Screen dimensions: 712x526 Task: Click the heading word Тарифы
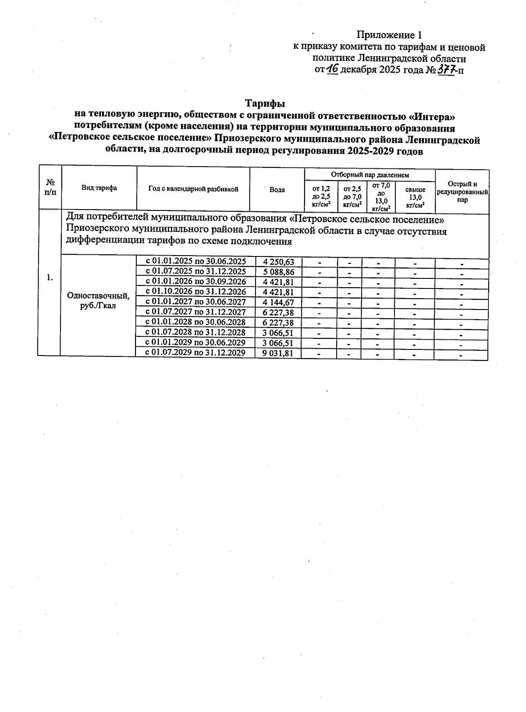265,104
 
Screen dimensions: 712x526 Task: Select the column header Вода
277,189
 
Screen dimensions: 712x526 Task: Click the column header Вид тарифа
99,188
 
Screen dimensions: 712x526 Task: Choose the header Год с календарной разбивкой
193,189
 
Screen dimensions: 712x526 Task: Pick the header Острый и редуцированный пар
462,192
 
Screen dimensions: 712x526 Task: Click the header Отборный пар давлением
370,174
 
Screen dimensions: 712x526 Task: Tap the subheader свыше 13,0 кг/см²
415,197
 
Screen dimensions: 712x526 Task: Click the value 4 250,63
278,262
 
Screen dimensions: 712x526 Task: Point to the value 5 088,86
278,272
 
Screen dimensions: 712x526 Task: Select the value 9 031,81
278,353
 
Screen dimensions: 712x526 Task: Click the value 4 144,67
278,302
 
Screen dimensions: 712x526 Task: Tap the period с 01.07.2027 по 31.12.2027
195,312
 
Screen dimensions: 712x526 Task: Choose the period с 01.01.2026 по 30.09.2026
195,281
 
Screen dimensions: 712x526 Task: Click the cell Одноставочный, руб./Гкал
98,301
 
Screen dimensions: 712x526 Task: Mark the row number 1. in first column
50,277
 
